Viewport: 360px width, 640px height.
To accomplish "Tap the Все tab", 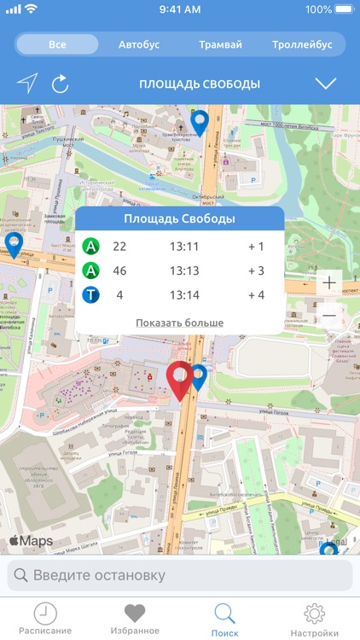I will (57, 44).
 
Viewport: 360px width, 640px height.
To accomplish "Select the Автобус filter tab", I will (138, 44).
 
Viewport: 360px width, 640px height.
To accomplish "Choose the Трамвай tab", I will (220, 44).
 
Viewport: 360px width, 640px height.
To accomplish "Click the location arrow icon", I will (27, 83).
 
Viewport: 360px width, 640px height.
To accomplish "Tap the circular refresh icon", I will (60, 84).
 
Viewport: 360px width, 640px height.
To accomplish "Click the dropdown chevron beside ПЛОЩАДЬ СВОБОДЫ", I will (326, 84).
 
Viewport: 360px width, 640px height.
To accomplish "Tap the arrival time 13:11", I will (183, 247).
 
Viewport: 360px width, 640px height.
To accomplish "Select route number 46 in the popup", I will (119, 271).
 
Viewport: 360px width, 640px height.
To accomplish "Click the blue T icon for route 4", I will (92, 295).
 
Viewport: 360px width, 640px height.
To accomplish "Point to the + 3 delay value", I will (257, 271).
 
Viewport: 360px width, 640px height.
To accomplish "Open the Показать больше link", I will (179, 323).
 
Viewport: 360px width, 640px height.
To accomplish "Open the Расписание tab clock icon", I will (45, 614).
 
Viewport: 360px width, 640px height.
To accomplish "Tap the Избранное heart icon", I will (135, 614).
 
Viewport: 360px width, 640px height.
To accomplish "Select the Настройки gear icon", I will (315, 614).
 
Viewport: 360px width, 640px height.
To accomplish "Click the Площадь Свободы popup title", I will (179, 219).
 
